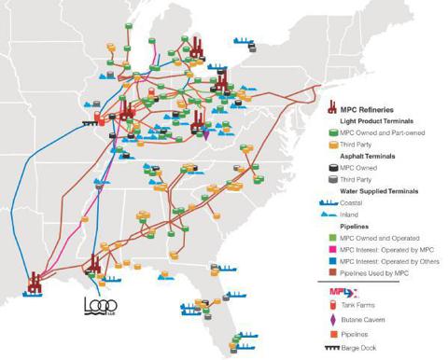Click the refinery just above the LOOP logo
[x=92, y=266]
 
